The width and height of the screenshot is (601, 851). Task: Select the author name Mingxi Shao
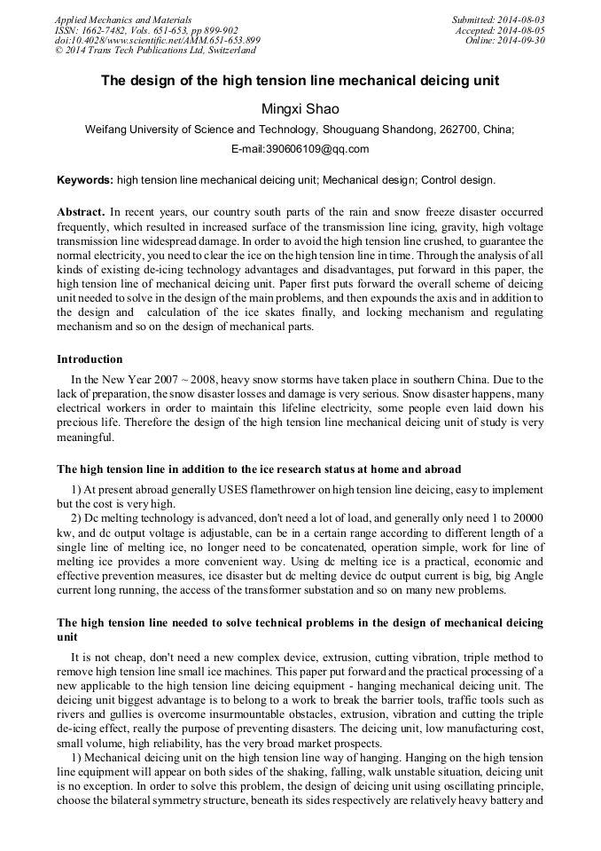[x=300, y=109]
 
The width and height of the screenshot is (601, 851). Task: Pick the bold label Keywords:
[x=85, y=180]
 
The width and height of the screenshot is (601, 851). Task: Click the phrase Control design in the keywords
[x=457, y=180]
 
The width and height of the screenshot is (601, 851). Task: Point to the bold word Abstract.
[x=81, y=213]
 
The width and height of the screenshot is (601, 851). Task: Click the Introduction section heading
[x=90, y=359]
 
